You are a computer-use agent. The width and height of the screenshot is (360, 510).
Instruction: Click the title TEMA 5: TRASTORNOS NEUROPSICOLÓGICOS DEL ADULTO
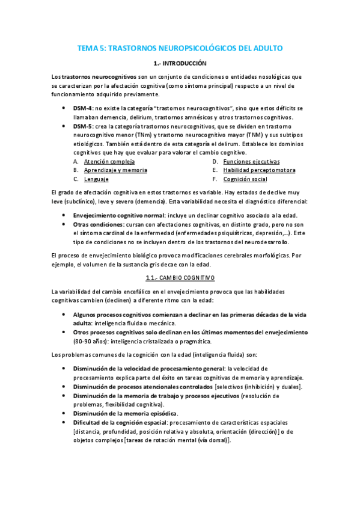point(180,48)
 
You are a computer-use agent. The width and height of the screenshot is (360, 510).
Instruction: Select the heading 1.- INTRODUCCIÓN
point(180,63)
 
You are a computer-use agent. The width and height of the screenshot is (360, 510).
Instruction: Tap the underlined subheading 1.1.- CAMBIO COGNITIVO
point(180,278)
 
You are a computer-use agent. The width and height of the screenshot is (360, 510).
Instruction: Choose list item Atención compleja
point(109,162)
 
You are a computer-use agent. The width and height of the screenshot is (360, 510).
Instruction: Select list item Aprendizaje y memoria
point(115,170)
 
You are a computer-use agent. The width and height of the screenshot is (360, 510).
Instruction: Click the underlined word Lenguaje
point(96,179)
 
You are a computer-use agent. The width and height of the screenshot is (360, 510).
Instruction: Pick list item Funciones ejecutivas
point(251,162)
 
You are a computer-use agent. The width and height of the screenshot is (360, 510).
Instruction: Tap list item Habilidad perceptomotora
point(259,170)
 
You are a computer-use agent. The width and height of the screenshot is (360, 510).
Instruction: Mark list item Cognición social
point(245,179)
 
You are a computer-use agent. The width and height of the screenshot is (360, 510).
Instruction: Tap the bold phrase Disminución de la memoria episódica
point(125,413)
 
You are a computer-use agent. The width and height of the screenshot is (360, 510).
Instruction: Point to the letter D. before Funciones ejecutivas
point(215,162)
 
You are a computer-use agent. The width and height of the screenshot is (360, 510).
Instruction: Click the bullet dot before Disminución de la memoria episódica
point(64,413)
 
